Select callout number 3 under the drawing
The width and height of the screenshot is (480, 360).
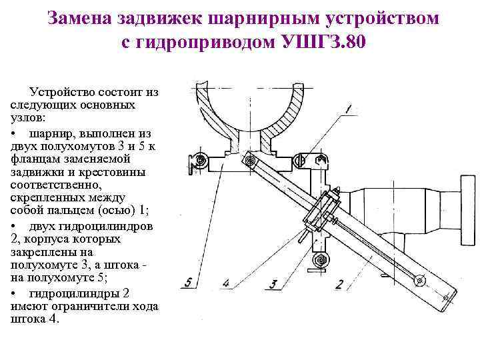coord(273,283)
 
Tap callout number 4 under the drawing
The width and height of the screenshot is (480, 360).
coord(226,284)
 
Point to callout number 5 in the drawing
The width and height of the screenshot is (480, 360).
coord(189,282)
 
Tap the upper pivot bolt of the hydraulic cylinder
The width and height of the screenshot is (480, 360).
coord(249,161)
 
